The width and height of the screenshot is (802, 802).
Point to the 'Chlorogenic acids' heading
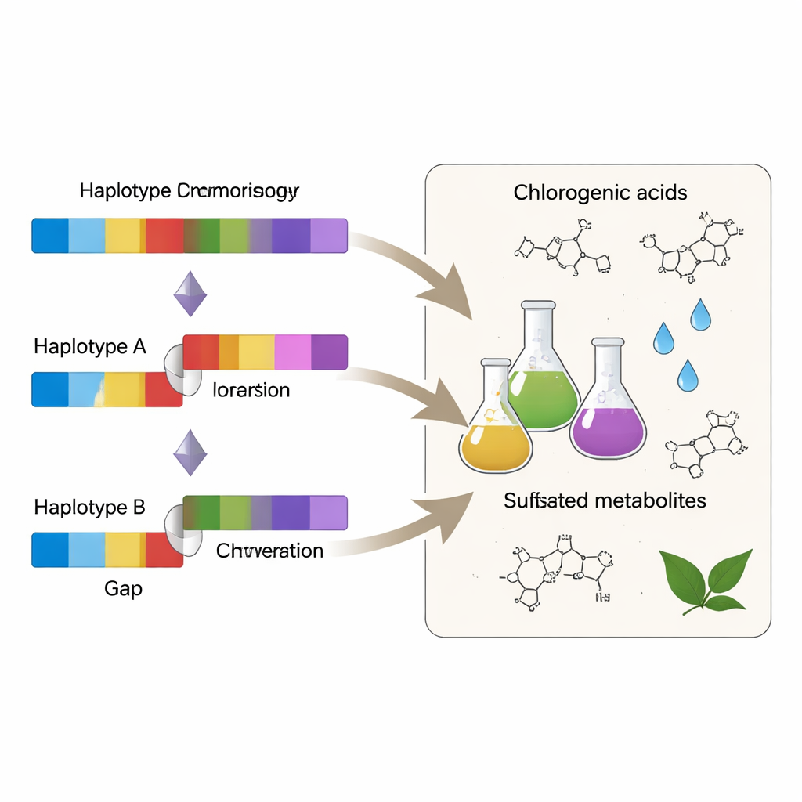[x=600, y=193]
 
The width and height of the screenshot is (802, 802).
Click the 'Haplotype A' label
[x=90, y=346]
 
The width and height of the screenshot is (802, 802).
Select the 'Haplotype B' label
[x=90, y=507]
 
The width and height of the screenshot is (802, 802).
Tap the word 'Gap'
[x=123, y=588]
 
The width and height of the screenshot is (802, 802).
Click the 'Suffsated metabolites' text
[x=605, y=500]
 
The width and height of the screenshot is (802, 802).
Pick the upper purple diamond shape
[x=190, y=294]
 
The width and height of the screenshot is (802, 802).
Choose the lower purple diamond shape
[x=190, y=453]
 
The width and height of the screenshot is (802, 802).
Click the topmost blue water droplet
[x=699, y=314]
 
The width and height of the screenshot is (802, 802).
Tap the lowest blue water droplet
[x=688, y=375]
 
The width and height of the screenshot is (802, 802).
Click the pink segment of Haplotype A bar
[x=293, y=352]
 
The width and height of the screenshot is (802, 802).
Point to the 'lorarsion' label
[x=251, y=390]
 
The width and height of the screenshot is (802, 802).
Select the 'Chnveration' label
[x=269, y=551]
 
